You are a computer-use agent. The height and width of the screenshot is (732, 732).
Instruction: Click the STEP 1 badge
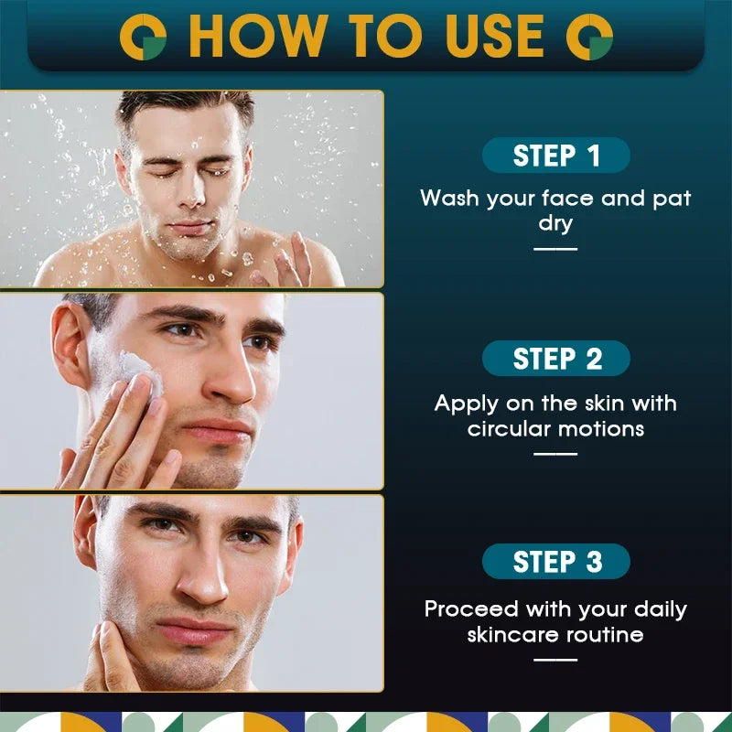pyautogui.click(x=556, y=156)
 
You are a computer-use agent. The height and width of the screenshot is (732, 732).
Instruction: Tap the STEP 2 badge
pyautogui.click(x=556, y=359)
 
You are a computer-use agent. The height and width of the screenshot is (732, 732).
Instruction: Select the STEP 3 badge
pyautogui.click(x=556, y=562)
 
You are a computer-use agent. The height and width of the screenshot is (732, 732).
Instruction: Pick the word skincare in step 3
pyautogui.click(x=517, y=634)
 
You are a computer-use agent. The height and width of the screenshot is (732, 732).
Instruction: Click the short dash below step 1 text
pyautogui.click(x=556, y=248)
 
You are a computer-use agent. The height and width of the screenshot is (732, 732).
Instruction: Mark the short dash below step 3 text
pyautogui.click(x=556, y=659)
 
